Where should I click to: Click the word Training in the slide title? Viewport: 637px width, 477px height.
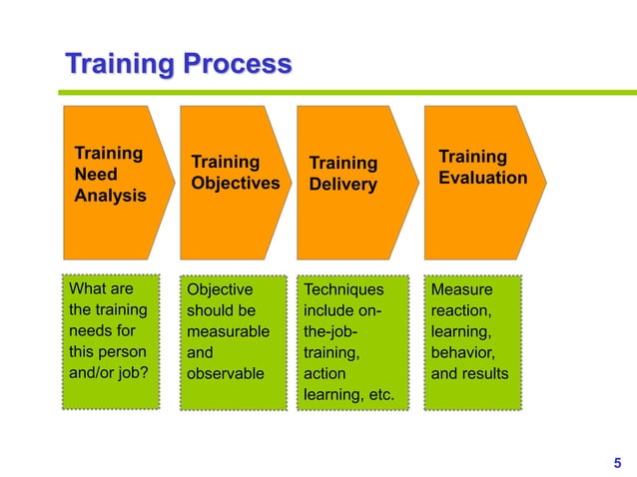pos(117,66)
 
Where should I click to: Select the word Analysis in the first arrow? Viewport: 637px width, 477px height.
pos(110,196)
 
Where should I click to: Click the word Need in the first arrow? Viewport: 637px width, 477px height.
pos(95,175)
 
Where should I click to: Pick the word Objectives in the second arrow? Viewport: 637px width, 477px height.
pos(235,183)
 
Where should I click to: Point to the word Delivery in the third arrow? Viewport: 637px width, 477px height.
pos(342,185)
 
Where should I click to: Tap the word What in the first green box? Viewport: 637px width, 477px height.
pos(86,289)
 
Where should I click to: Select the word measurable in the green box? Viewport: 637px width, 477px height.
pos(228,331)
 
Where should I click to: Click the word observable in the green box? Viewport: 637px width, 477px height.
pos(226,374)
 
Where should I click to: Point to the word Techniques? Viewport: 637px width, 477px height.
pos(342,289)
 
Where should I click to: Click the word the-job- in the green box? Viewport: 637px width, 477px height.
pos(330,331)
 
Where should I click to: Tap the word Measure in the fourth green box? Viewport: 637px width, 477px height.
pos(461,289)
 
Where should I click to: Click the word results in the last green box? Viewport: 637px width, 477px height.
pos(485,374)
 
